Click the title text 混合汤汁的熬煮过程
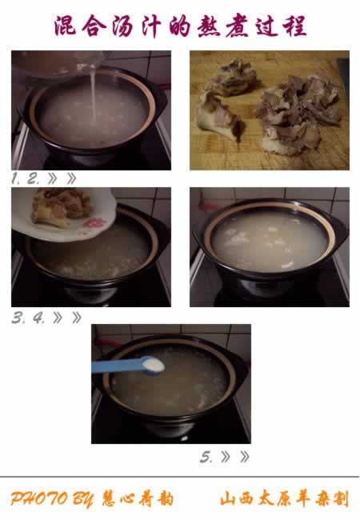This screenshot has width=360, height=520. pyautogui.click(x=179, y=26)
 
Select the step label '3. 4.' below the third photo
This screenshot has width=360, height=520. pyautogui.click(x=28, y=318)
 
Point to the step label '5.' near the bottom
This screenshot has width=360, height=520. pyautogui.click(x=207, y=457)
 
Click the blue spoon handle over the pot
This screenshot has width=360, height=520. pyautogui.click(x=116, y=366)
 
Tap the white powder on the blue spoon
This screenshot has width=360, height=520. pyautogui.click(x=153, y=366)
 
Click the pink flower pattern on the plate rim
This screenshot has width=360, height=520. pyautogui.click(x=94, y=222)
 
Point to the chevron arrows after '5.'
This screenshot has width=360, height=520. pyautogui.click(x=234, y=457)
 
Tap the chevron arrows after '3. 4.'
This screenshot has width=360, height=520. pyautogui.click(x=67, y=318)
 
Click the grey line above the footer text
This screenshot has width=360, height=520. pyautogui.click(x=179, y=478)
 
